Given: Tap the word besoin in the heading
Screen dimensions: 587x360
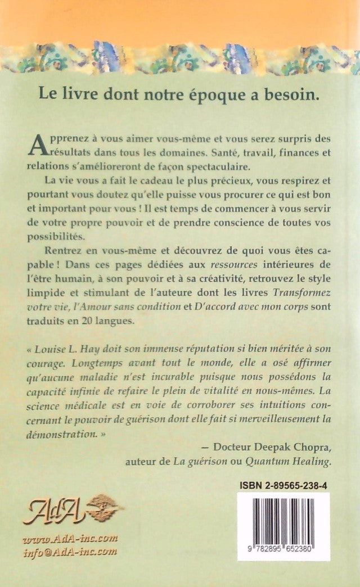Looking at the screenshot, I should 296,93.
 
